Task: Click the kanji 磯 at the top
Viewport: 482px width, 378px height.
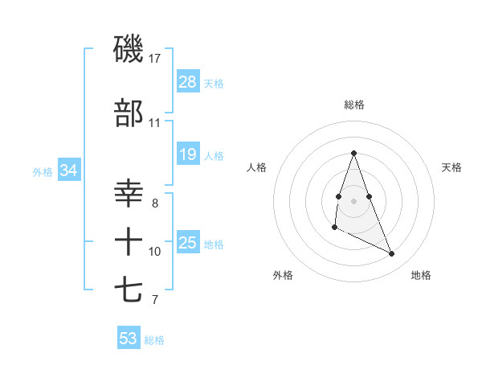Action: pos(129,49)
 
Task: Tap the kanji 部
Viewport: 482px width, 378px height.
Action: pos(129,113)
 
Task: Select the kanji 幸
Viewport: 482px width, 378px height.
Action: pos(129,195)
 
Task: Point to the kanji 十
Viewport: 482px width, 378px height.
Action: pos(129,242)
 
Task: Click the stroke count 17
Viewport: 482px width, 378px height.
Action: pos(155,59)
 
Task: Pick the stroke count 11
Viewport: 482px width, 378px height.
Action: pos(154,123)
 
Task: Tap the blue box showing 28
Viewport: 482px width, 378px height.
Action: pos(188,81)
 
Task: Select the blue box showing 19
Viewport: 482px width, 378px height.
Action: pos(188,154)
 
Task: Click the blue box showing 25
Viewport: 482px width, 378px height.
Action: pos(188,242)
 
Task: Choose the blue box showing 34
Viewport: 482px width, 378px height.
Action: pos(68,171)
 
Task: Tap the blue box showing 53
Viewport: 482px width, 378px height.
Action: pos(129,339)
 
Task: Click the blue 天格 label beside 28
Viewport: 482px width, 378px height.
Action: pos(214,83)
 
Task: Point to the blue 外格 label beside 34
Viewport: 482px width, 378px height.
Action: pos(43,171)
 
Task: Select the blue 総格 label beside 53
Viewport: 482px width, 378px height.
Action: pos(154,340)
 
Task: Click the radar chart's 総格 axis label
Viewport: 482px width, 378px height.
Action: pos(354,105)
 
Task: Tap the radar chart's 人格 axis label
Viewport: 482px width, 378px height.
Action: pos(257,167)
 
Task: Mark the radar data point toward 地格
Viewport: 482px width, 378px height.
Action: pos(392,253)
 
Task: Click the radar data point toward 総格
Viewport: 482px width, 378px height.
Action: pos(353,153)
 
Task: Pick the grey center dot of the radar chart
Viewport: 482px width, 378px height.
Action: pos(354,200)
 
